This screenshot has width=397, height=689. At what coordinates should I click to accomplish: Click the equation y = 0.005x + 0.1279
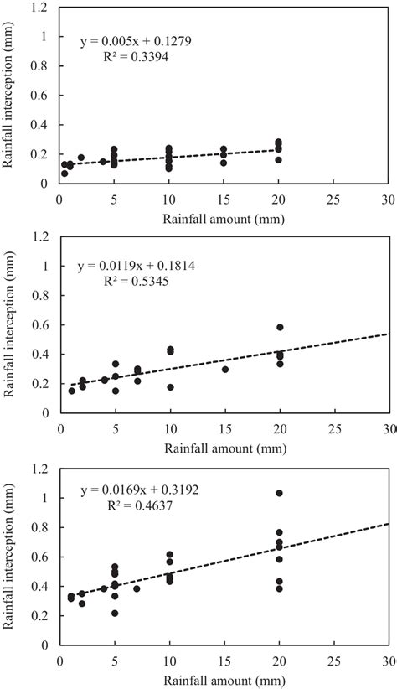[137, 41]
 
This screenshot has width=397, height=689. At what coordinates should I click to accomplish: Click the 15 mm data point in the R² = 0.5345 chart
[224, 369]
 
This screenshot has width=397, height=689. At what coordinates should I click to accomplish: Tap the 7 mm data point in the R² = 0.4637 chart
[137, 588]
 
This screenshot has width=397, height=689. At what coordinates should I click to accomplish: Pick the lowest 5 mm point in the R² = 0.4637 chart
[115, 613]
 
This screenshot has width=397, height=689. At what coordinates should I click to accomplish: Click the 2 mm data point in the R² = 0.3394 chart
[81, 158]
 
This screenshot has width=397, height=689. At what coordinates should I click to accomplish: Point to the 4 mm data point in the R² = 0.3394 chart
[103, 162]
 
